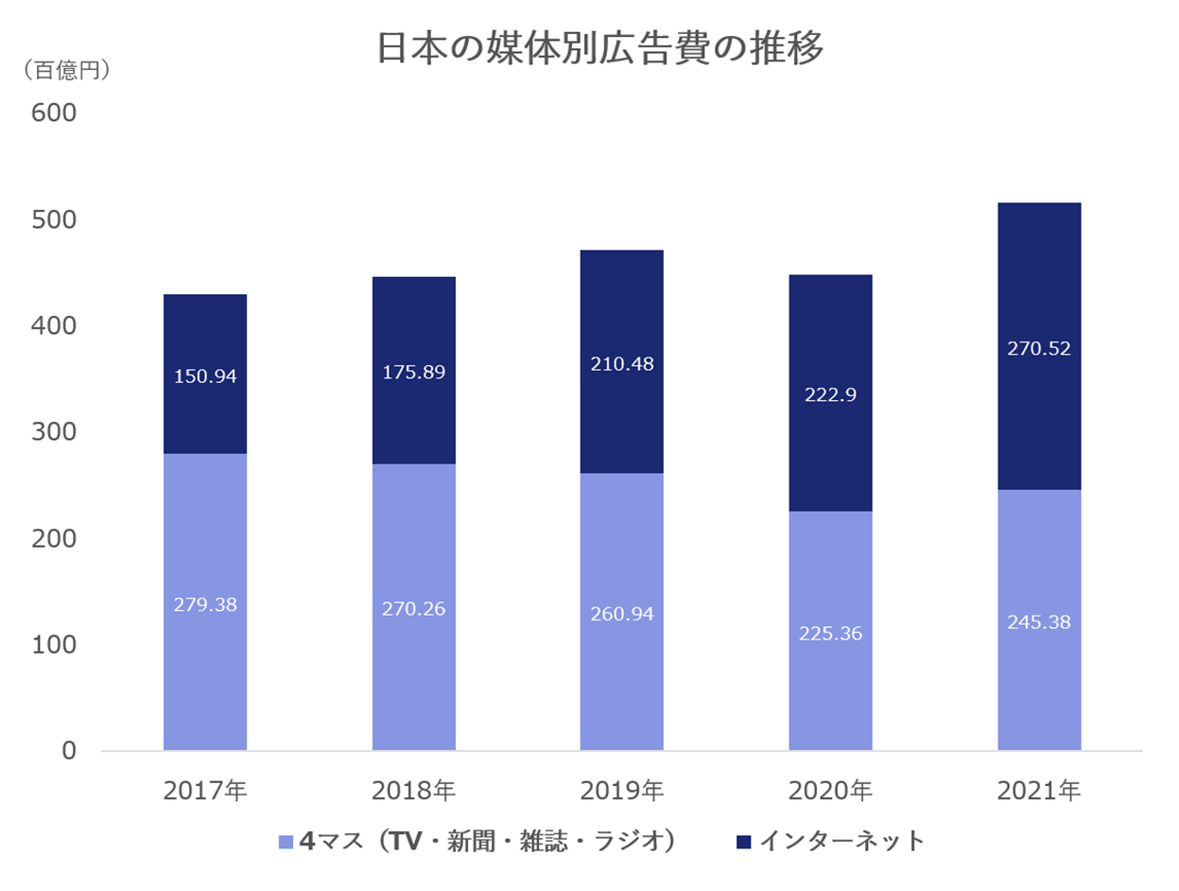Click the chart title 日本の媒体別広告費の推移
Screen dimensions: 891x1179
pos(599,49)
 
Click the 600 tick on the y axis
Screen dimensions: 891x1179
pos(54,113)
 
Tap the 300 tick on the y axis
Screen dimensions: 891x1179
pos(54,432)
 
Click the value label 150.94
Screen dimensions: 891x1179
pos(205,376)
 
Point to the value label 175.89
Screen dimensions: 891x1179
pos(413,372)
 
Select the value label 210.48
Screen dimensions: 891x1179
pos(621,363)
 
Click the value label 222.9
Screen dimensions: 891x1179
pos(830,394)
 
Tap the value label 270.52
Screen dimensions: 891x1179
pos(1038,348)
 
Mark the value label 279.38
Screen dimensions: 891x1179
pos(205,603)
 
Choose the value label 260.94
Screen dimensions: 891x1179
pos(621,613)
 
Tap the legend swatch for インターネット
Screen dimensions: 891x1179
pos(744,841)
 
